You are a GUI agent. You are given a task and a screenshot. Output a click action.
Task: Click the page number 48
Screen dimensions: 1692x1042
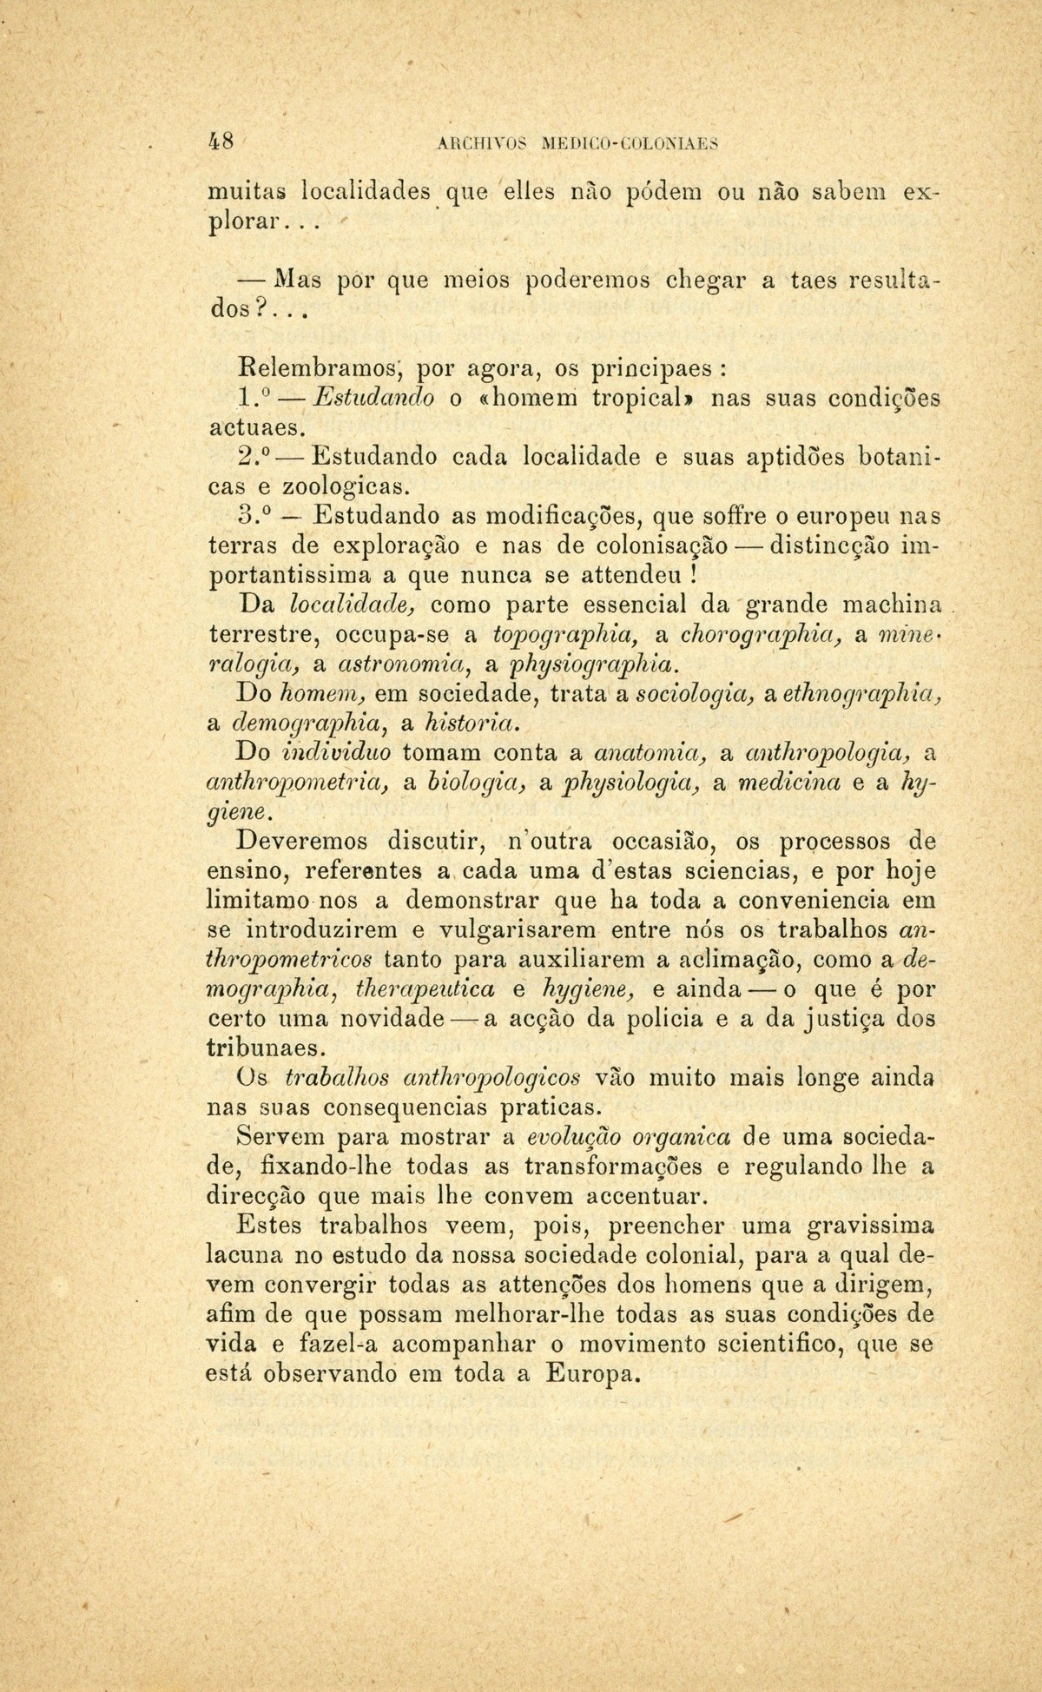click(227, 142)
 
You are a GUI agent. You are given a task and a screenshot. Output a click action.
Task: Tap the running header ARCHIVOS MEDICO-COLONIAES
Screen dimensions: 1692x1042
click(571, 144)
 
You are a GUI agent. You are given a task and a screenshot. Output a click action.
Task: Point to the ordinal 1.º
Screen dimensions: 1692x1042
click(251, 398)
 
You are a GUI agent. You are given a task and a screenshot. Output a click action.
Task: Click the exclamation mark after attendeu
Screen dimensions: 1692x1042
click(692, 575)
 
